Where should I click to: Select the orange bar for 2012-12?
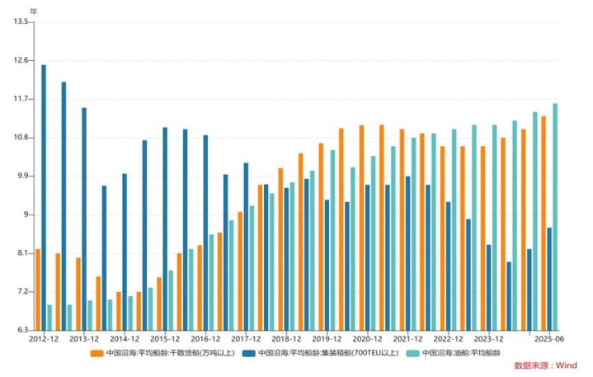[x=38, y=289]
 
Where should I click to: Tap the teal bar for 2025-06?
[x=555, y=216]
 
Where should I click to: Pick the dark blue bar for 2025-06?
[x=549, y=278]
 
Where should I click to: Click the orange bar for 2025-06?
[x=544, y=223]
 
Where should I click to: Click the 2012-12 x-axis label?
[x=43, y=339]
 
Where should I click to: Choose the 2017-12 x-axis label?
[x=246, y=339]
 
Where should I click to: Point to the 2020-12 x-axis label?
[x=367, y=339]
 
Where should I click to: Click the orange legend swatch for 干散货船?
[x=96, y=353]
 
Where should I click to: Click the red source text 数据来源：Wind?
[x=545, y=365]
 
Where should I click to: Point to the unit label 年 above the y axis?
[x=33, y=11]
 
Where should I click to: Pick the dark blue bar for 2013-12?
[x=84, y=219]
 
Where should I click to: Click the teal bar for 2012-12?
[x=49, y=318]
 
